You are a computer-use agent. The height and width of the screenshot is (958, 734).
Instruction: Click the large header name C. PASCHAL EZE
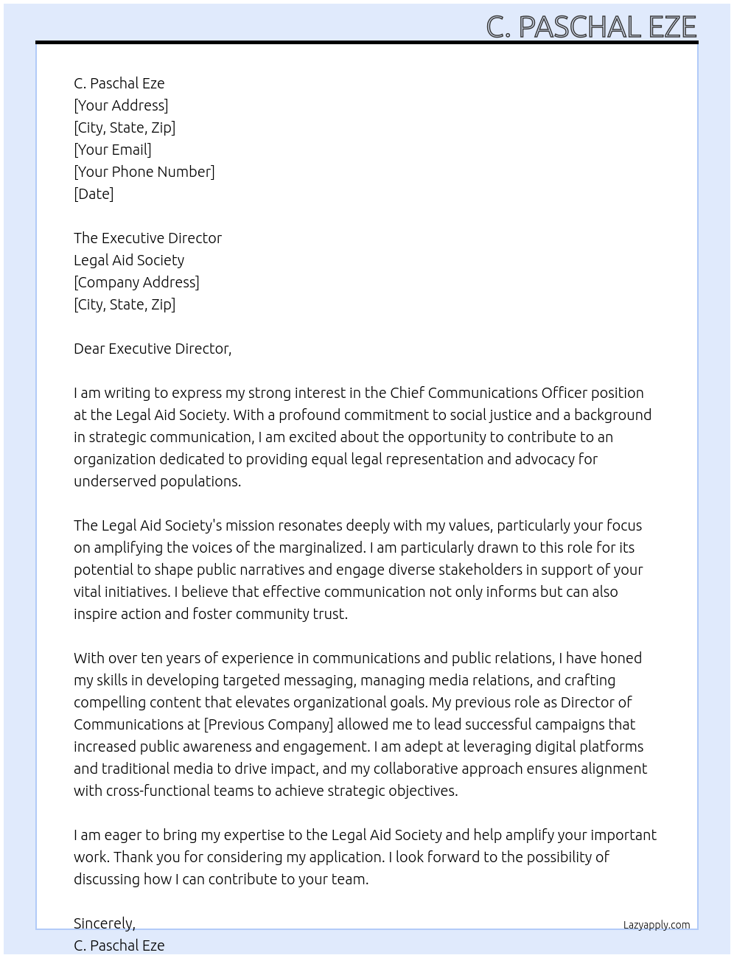tap(591, 27)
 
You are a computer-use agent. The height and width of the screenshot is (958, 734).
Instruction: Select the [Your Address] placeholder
tap(121, 105)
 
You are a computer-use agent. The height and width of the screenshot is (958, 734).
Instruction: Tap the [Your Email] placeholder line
tap(113, 150)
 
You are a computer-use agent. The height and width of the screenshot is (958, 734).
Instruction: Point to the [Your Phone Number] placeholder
tap(144, 172)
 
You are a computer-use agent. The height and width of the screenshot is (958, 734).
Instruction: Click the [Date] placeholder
tap(94, 194)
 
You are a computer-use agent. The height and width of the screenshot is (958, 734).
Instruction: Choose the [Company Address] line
tap(136, 282)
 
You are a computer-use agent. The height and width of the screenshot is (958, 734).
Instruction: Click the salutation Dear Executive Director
tap(153, 349)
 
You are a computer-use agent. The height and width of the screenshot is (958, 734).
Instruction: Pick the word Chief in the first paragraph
tap(407, 393)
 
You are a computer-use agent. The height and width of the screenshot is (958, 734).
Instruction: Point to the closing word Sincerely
tap(104, 923)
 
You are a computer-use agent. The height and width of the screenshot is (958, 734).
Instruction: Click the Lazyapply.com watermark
tap(657, 925)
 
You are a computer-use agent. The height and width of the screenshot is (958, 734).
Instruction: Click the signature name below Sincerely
tap(119, 945)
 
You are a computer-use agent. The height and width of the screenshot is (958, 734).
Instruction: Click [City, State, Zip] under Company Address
tap(125, 304)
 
